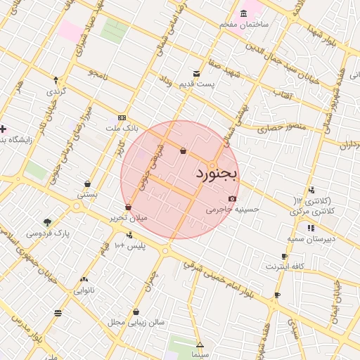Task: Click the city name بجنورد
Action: pos(217,172)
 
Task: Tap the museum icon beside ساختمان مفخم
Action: pos(244,14)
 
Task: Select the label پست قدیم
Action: pos(195,84)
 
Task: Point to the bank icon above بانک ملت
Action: pos(122,117)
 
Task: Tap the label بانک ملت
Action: pos(117,129)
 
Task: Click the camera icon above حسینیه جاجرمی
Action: pos(232,199)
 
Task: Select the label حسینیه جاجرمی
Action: pos(233,210)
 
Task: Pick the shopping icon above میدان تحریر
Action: pos(128,207)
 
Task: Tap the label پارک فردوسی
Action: pos(47,233)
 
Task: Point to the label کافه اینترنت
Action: pos(284,267)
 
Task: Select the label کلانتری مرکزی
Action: pos(313,211)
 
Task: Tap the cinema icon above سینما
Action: pos(200,345)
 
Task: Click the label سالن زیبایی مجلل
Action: pos(136,323)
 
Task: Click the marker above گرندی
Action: pos(56,80)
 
